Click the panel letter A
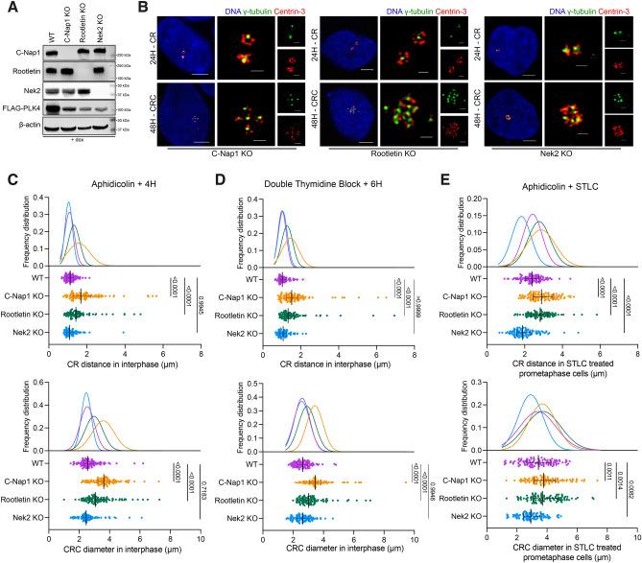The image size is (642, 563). pyautogui.click(x=8, y=9)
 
